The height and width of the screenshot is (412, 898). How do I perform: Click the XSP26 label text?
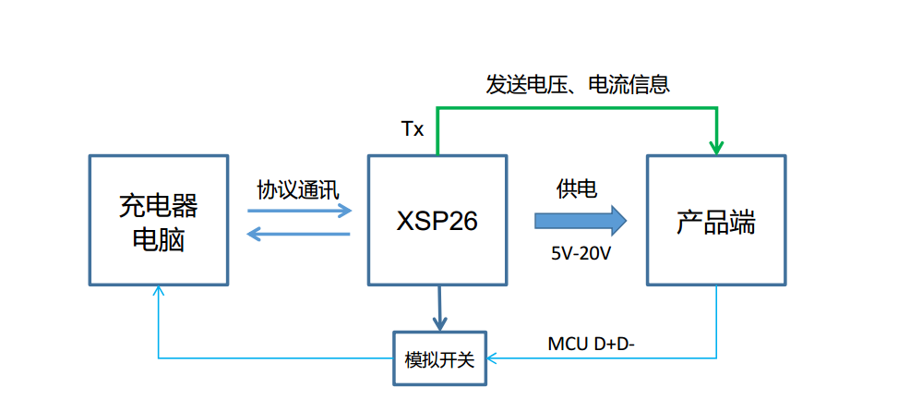point(437,222)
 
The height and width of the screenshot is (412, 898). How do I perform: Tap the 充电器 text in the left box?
point(159,205)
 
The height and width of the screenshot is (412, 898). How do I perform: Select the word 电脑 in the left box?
point(159,240)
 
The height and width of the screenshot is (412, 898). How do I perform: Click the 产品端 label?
point(716,223)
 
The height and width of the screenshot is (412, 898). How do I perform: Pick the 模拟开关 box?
point(439,358)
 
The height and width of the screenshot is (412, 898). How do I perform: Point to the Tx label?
point(413,129)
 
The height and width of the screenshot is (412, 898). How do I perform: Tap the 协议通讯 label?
point(298,189)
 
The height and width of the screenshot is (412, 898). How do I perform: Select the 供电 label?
point(576,189)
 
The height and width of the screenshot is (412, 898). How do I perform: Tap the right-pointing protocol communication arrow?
point(300,210)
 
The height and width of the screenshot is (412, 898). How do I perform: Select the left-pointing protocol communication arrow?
point(300,234)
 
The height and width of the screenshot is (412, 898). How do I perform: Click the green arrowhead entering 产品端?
point(716,147)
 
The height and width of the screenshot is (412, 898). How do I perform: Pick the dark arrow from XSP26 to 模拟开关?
point(439,308)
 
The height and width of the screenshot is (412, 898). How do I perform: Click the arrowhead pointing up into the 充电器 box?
point(159,291)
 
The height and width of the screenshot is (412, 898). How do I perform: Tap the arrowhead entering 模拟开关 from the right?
point(492,357)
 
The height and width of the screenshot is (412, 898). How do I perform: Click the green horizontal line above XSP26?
point(577,109)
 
